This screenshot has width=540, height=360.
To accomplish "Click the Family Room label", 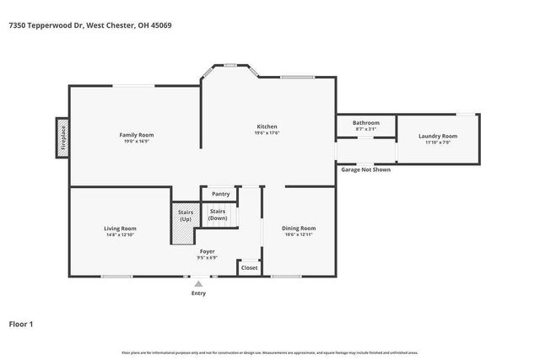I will (136, 135).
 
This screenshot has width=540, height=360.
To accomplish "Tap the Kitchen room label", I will (267, 127).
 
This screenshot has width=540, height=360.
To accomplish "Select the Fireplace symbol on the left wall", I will (62, 137).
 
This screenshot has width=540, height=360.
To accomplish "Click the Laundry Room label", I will (438, 136).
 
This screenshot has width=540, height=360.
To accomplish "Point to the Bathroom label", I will (365, 123).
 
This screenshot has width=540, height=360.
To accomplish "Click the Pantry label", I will (220, 194).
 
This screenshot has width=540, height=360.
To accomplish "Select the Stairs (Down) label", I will (218, 214).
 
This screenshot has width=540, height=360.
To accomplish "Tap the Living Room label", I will (120, 228).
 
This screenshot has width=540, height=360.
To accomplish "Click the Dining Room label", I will (299, 228).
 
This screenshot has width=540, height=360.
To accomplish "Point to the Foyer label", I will (207, 251).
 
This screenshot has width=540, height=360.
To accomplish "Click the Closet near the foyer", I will (249, 267).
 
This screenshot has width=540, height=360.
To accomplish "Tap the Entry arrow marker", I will (198, 285).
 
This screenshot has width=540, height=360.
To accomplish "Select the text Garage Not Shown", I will (365, 169).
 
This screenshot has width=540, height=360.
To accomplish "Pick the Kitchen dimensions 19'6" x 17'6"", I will (267, 133).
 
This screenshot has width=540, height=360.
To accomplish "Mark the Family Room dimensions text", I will (136, 142).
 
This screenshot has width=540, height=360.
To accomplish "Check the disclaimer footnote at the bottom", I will (269, 352).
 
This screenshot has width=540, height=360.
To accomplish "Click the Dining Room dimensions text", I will (299, 235).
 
